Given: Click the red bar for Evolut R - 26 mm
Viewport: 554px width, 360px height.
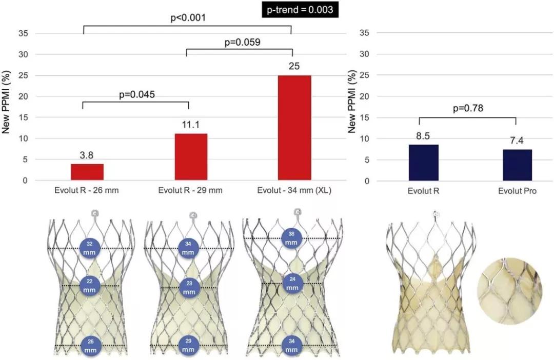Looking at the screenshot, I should tap(87, 172).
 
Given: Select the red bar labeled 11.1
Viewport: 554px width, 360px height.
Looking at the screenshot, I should tap(191, 157).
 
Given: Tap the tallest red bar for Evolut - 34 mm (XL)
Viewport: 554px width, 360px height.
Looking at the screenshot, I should tap(294, 128).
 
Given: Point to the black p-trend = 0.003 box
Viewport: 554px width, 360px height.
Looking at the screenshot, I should tap(300, 9).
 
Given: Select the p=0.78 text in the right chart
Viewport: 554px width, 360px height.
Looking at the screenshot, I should tap(467, 108).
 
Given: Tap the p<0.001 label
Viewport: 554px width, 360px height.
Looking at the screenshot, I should tap(188, 18).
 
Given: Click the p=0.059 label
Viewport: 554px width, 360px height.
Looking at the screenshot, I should tap(243, 42).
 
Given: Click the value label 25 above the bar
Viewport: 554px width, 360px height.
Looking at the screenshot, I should tap(294, 66).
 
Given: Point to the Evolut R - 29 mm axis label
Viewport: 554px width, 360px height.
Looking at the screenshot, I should tap(190, 191).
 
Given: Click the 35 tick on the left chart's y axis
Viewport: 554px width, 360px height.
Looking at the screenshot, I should tap(24, 33).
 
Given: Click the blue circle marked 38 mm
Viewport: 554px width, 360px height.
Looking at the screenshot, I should tap(291, 237).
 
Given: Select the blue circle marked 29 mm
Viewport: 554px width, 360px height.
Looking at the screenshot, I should tap(188, 345).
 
